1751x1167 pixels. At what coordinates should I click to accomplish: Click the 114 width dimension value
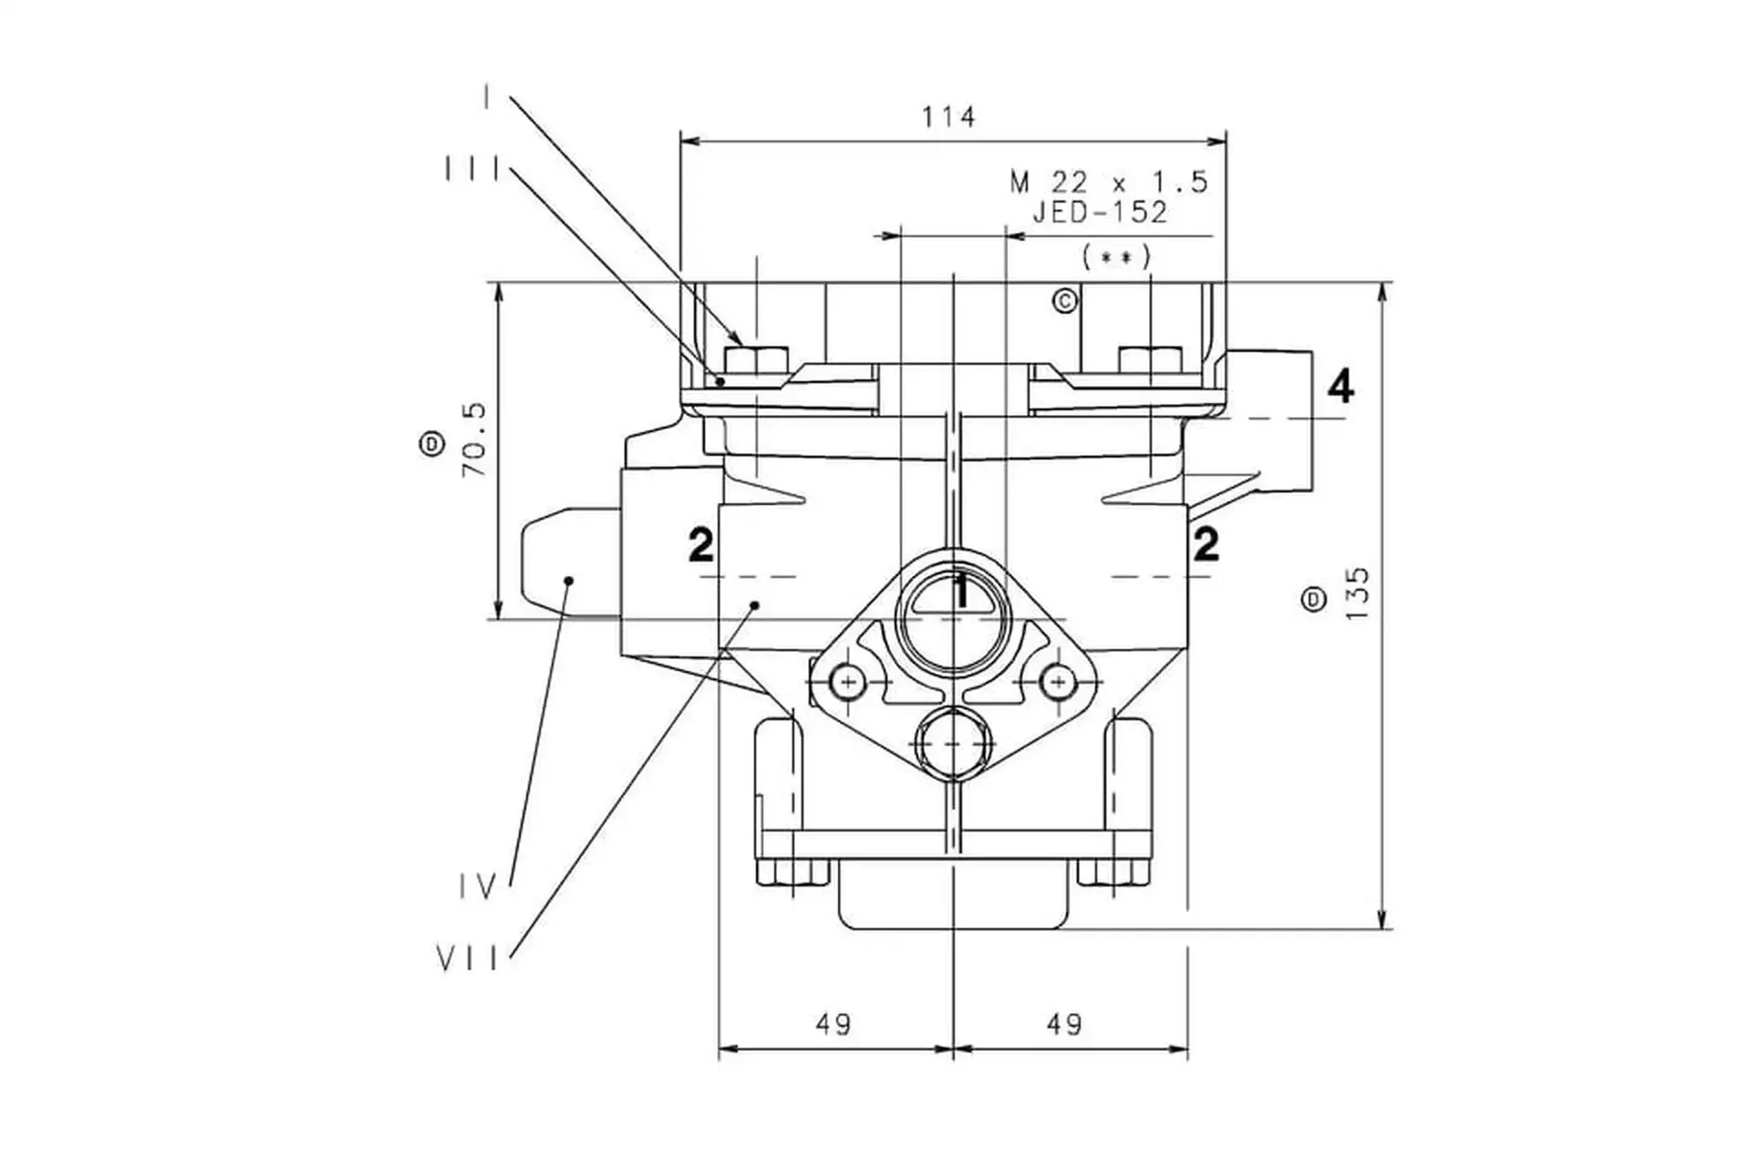click(x=948, y=118)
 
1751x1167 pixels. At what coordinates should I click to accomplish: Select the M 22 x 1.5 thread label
click(x=1108, y=182)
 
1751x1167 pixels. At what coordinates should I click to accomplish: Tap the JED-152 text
click(x=1099, y=212)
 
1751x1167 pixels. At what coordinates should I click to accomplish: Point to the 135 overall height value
click(x=1358, y=594)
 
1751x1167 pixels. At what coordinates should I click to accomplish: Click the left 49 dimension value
click(x=834, y=1025)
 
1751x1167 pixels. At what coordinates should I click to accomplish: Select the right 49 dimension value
click(x=1064, y=1025)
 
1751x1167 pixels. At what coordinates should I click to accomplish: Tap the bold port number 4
click(x=1340, y=387)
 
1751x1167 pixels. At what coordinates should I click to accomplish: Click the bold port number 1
click(x=960, y=592)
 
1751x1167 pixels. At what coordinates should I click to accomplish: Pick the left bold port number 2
click(x=700, y=545)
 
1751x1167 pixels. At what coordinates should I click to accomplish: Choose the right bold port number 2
click(x=1206, y=544)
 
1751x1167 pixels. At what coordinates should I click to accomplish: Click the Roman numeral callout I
click(x=488, y=97)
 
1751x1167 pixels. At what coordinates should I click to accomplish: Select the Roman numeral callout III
click(x=471, y=170)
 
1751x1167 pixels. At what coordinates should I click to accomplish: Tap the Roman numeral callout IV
click(x=477, y=886)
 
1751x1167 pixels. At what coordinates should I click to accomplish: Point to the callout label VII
click(x=468, y=959)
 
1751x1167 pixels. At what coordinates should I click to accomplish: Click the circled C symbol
click(x=1065, y=301)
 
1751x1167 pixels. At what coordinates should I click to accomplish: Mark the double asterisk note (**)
click(x=1116, y=258)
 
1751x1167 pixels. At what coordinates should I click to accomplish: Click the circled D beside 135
click(x=1313, y=599)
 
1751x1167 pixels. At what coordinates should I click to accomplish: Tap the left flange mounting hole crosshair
click(x=848, y=682)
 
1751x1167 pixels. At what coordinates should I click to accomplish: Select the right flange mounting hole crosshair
click(x=1058, y=682)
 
